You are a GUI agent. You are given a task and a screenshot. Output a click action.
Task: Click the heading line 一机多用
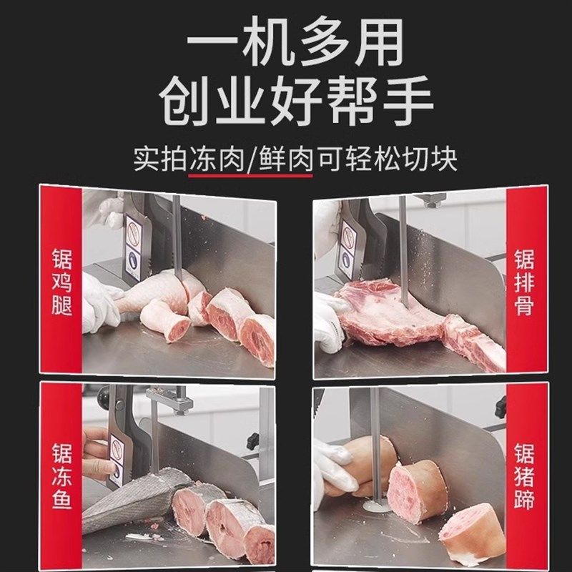(286, 44)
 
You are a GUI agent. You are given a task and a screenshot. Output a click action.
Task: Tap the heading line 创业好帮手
(286, 102)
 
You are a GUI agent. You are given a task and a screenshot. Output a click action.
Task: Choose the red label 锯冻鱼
(60, 475)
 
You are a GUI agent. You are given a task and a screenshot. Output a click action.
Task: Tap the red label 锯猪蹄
(526, 475)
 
